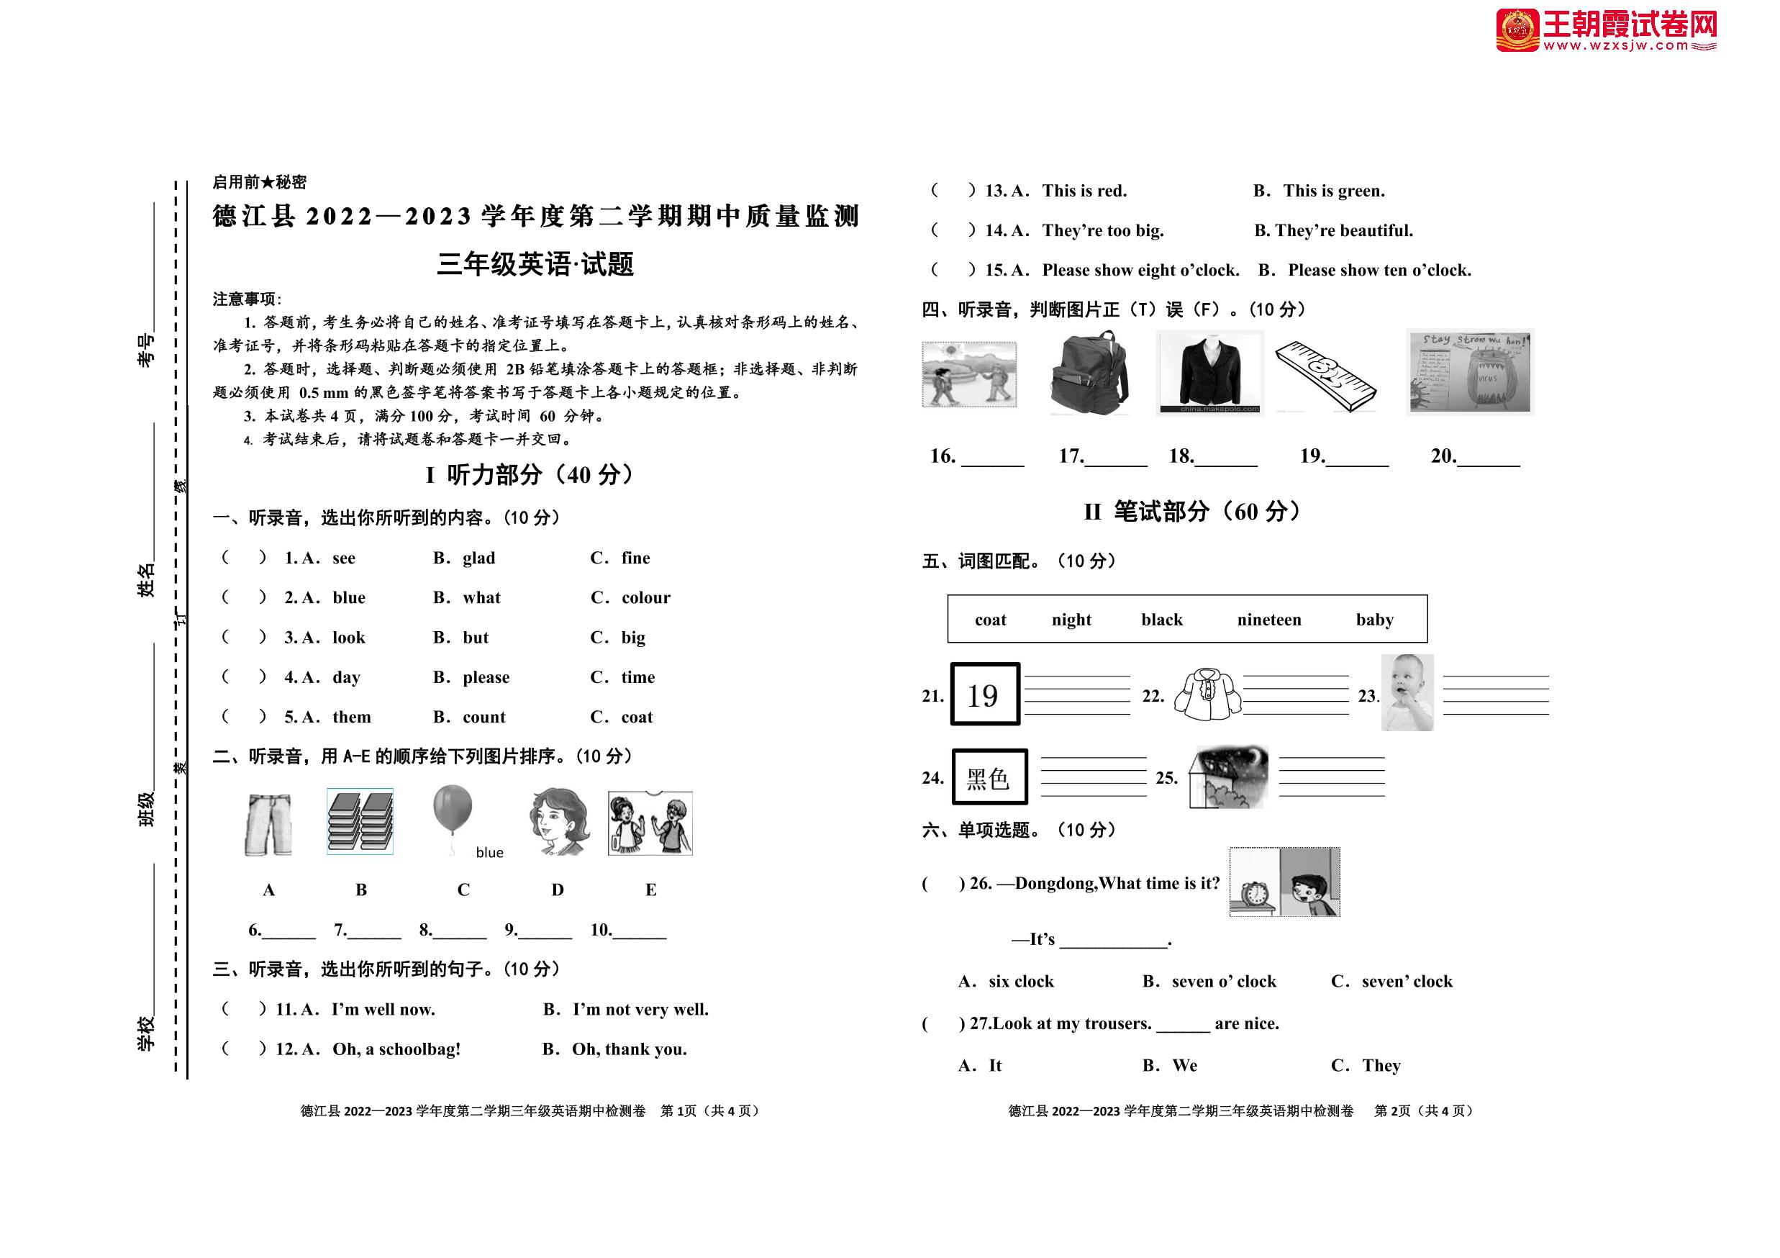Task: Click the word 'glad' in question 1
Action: pyautogui.click(x=478, y=558)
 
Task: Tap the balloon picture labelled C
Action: pyautogui.click(x=453, y=810)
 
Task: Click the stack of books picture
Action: pyautogui.click(x=360, y=821)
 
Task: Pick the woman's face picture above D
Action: pyautogui.click(x=559, y=821)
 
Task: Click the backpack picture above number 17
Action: pyautogui.click(x=1089, y=375)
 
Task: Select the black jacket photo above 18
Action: pyautogui.click(x=1209, y=372)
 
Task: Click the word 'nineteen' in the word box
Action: pyautogui.click(x=1268, y=620)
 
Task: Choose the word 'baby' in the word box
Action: pyautogui.click(x=1373, y=620)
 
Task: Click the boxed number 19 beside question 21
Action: pyautogui.click(x=984, y=694)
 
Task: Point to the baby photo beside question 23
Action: pyautogui.click(x=1407, y=692)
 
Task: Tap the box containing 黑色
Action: pyautogui.click(x=989, y=777)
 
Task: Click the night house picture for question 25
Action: pyautogui.click(x=1229, y=777)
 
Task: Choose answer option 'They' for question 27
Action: pyautogui.click(x=1381, y=1066)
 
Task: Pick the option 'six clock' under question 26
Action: pyautogui.click(x=1020, y=982)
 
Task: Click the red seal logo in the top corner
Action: pyautogui.click(x=1517, y=30)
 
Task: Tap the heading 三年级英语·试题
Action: pyautogui.click(x=535, y=264)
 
